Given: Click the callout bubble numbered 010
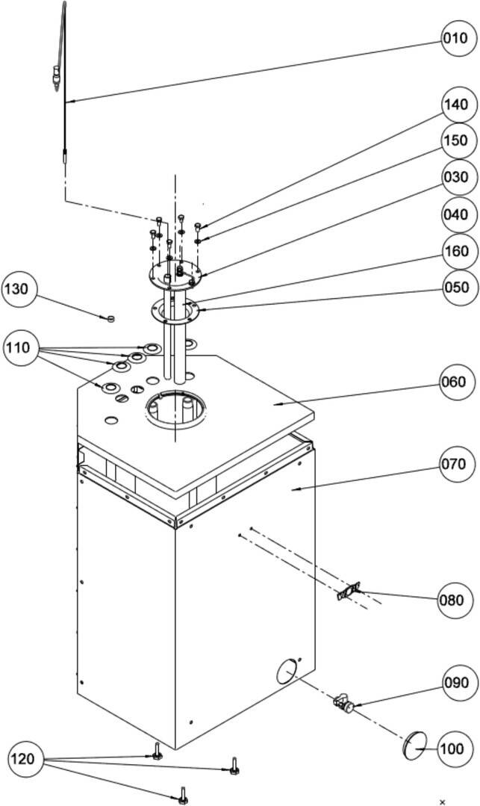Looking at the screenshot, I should [455, 39].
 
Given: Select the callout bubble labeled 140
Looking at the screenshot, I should [455, 105].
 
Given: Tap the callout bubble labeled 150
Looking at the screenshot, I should [455, 140].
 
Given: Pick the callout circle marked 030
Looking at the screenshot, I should [455, 177].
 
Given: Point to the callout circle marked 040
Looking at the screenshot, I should [455, 214].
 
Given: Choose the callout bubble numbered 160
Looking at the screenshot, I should [455, 251].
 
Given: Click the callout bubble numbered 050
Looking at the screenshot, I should [455, 288].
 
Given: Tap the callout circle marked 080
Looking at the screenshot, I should [455, 600].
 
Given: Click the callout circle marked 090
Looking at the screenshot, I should [455, 683].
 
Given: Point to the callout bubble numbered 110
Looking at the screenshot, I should [22, 347].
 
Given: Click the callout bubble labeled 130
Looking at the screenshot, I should [21, 289].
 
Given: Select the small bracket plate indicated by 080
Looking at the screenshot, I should [347, 592].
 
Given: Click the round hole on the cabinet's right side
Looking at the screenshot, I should [287, 672].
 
